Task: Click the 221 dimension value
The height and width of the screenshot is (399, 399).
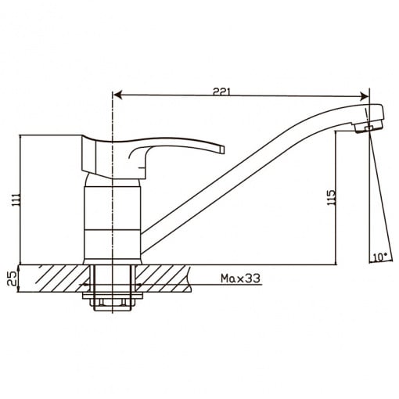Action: pos(221,92)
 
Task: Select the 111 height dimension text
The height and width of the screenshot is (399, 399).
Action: pos(16,200)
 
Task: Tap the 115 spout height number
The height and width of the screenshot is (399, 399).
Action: pos(331,197)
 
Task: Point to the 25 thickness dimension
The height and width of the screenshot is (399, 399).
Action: pos(12,279)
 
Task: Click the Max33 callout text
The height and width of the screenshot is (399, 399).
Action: pos(240,279)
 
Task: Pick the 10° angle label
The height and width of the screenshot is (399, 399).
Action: pos(379,257)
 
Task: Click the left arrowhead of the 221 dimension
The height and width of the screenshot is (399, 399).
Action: pos(118,95)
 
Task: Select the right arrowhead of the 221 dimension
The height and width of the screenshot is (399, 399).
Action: pos(365,96)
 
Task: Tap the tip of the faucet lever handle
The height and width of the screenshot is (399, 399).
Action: pos(222,149)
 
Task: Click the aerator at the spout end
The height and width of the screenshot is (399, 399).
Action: pos(369,127)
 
